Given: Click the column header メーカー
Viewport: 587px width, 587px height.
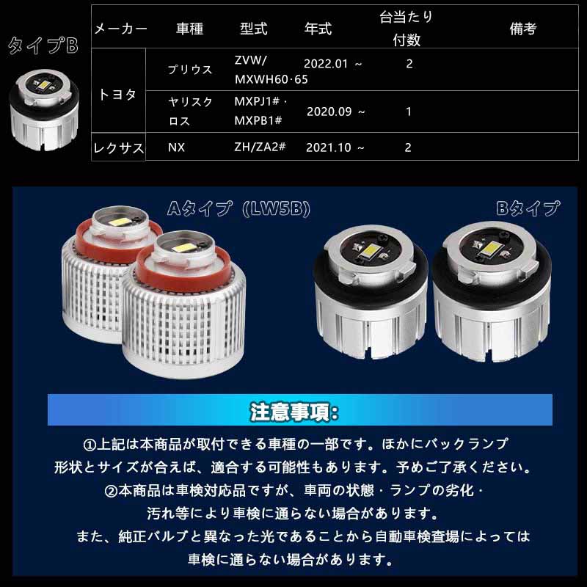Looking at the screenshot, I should point(120,29).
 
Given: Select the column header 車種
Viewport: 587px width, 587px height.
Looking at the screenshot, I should point(189,29).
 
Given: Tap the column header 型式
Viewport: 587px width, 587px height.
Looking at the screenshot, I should point(253,29).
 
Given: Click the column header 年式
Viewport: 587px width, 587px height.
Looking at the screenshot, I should point(318,29).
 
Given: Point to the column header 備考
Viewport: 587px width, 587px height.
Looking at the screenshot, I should point(522,29).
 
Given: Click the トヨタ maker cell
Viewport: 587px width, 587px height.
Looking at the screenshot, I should point(117,95).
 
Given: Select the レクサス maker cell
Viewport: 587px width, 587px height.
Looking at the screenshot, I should point(118,147).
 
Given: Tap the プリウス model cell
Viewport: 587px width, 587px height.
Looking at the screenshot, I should point(190,70).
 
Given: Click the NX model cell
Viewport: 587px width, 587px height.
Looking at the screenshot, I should point(176,147).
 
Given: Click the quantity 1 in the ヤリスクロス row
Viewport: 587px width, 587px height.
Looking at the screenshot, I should point(409,112).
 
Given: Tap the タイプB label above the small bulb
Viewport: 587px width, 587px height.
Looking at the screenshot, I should point(43,46).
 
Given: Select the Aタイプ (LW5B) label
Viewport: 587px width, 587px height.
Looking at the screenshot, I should point(238,209).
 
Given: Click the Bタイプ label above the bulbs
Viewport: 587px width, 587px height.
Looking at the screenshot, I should point(528,208).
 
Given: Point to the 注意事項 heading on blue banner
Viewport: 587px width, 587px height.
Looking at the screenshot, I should point(293,410).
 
